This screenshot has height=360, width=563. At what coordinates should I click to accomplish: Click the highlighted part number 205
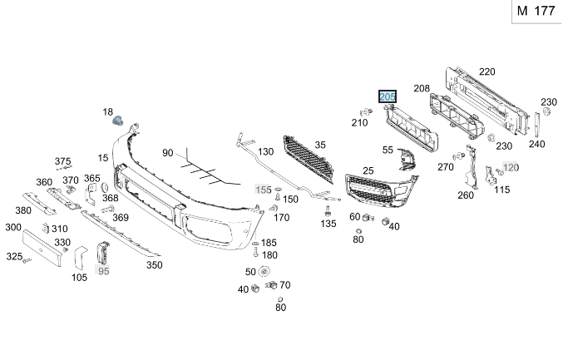(x=388, y=98)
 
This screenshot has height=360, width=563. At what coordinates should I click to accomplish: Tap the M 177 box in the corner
(x=534, y=11)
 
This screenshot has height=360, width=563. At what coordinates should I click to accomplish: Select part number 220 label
(x=486, y=72)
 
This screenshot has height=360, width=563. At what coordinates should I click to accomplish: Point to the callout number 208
(x=422, y=88)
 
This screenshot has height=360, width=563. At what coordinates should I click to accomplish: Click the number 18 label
(x=107, y=111)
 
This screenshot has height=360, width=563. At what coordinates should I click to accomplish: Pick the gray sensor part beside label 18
(x=118, y=120)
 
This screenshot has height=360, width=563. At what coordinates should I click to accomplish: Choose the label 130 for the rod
(x=265, y=152)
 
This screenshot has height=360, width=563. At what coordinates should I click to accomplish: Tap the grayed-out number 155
(x=263, y=190)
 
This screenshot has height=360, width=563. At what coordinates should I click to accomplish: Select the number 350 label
(x=154, y=265)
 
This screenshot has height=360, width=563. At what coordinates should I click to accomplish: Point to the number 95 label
(x=103, y=271)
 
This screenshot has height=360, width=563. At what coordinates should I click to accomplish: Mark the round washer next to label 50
(x=264, y=272)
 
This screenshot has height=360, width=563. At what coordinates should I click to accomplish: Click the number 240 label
(x=536, y=144)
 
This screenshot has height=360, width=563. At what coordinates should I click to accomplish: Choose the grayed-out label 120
(x=511, y=167)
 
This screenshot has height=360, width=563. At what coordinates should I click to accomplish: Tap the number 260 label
(x=465, y=195)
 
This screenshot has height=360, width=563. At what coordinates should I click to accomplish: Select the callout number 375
(x=63, y=160)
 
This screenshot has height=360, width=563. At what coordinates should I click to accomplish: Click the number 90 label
(x=167, y=153)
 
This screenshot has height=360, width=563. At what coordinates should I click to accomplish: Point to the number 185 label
(x=269, y=243)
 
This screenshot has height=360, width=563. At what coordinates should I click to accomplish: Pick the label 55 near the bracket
(x=388, y=150)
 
